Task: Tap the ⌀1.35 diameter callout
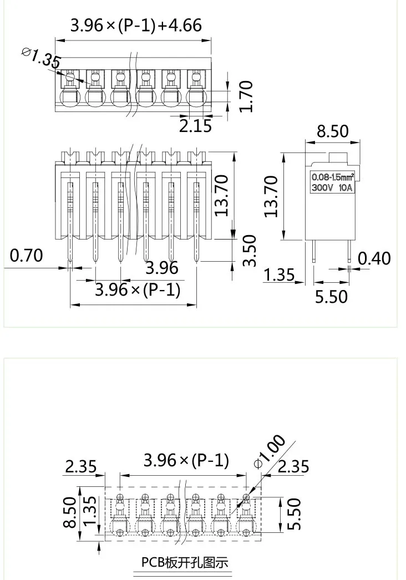[42, 58]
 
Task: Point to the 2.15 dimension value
[195, 126]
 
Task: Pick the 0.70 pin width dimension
[26, 256]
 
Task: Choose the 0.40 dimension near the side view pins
[374, 258]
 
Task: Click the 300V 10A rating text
[332, 187]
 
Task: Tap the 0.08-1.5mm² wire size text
[332, 177]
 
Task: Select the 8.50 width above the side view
[332, 131]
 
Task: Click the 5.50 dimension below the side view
[331, 297]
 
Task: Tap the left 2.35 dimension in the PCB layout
[81, 466]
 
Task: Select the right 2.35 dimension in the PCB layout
[293, 466]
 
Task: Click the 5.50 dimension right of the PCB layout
[295, 513]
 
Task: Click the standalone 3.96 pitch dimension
[161, 268]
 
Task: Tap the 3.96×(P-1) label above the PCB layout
[186, 461]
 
